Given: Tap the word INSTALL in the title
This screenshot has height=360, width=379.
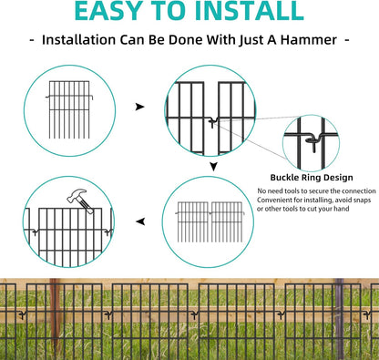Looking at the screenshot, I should tap(248, 12).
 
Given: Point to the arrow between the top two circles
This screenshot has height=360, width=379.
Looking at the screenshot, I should tap(139, 107).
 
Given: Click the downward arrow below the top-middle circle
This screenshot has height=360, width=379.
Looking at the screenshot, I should tap(212, 167).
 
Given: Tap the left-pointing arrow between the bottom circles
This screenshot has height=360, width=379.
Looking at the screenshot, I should tap(139, 221).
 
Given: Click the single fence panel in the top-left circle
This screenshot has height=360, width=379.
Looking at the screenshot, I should tap(71, 106).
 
